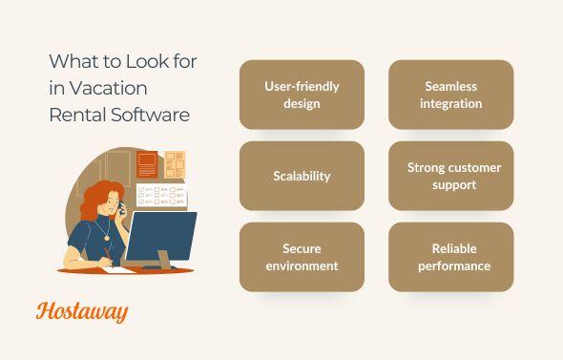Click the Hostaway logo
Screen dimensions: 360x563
[x=82, y=311]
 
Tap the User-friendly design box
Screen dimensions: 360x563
[x=302, y=95]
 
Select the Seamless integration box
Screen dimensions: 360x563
[x=450, y=95]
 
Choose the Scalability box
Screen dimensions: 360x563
[x=302, y=176]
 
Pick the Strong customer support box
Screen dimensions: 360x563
[x=450, y=176]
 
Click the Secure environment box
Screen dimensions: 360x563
[x=302, y=257]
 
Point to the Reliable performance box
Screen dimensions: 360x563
[x=450, y=257]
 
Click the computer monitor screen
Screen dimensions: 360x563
[x=160, y=235]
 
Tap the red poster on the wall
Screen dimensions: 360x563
[x=147, y=165]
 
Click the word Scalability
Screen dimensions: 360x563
[x=302, y=176]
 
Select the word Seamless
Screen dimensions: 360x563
[x=450, y=87]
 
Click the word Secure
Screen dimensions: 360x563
[x=302, y=248]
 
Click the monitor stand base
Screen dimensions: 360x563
[x=164, y=265]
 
